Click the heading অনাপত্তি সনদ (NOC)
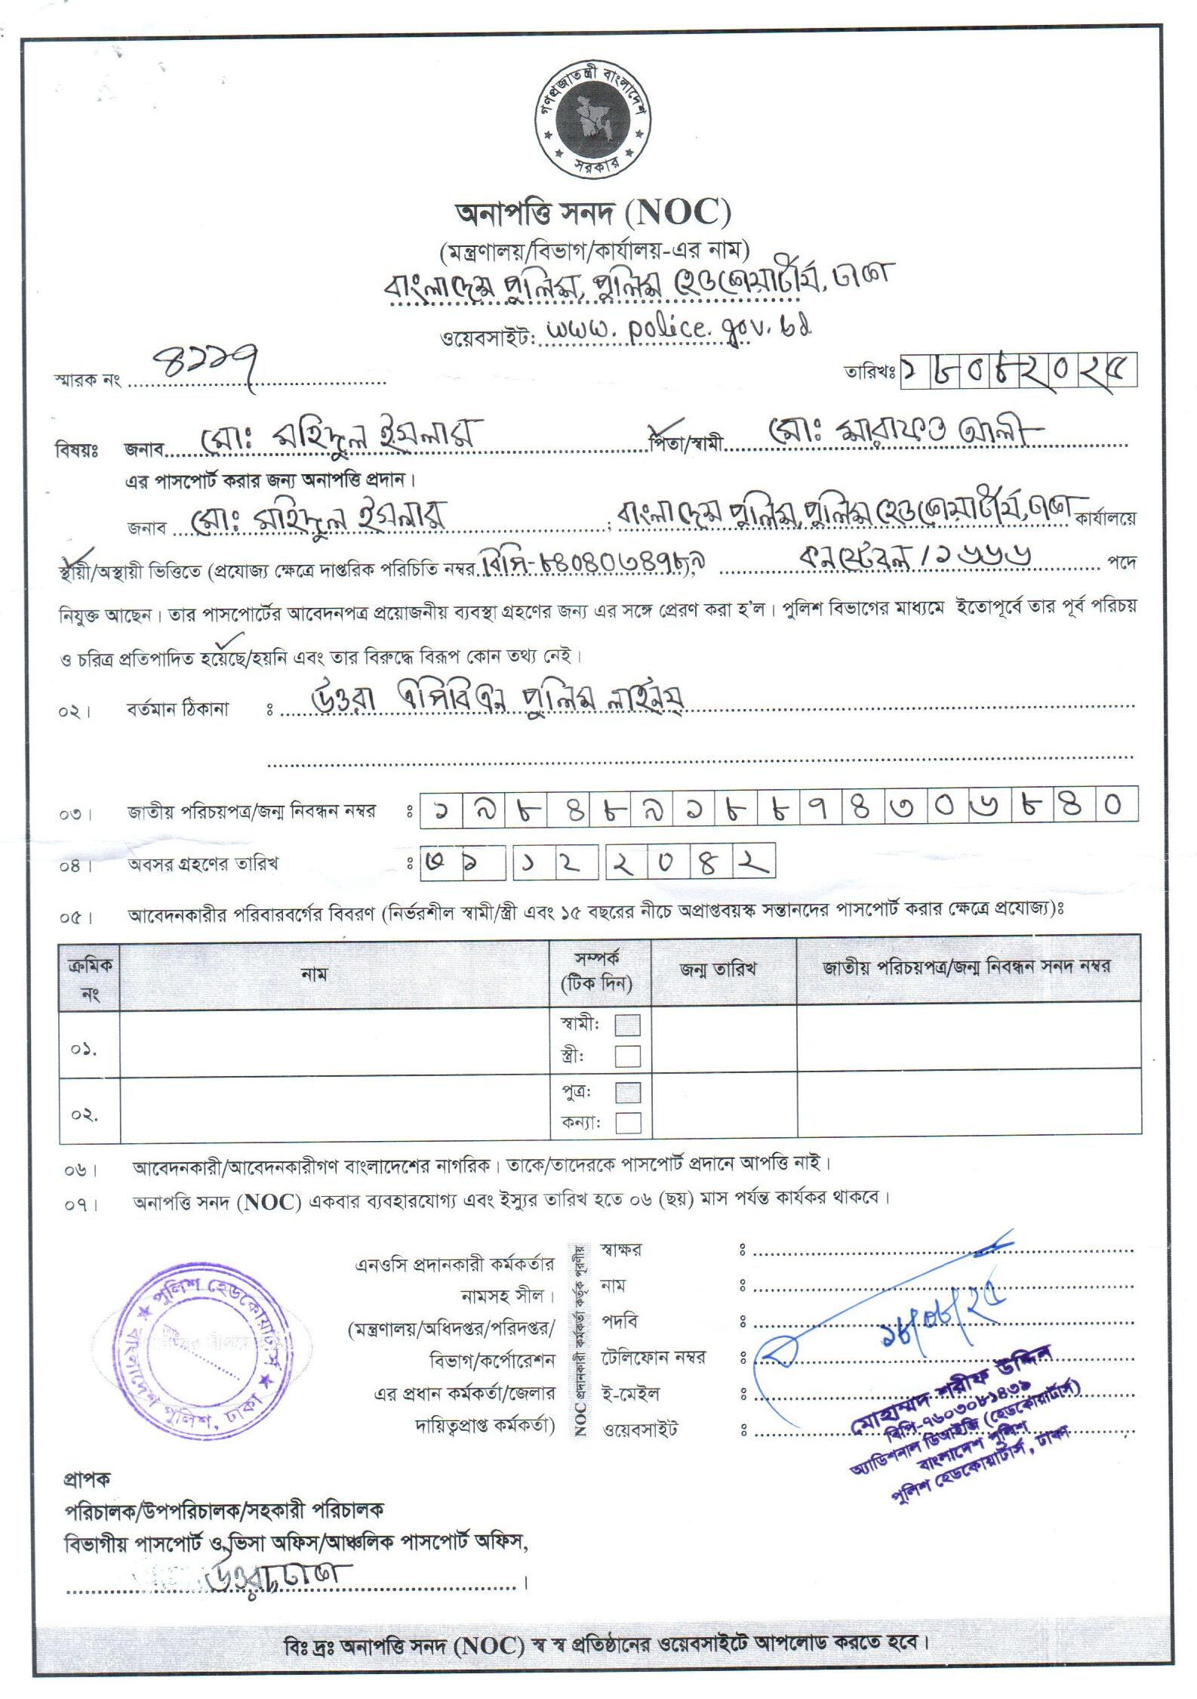click(x=593, y=213)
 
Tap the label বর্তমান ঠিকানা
click(x=177, y=710)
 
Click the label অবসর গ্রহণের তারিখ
click(x=202, y=864)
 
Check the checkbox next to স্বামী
click(x=627, y=1025)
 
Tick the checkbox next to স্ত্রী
click(x=627, y=1055)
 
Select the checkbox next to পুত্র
click(x=627, y=1092)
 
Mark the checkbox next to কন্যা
click(x=627, y=1123)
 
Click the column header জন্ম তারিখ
click(x=718, y=969)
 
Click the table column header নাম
click(x=313, y=974)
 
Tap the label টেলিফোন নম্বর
click(x=653, y=1357)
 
